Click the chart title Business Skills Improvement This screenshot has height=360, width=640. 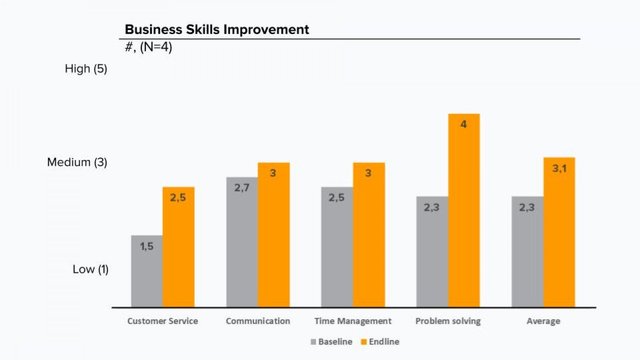tap(217, 30)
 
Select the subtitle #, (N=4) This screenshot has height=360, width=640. tap(148, 47)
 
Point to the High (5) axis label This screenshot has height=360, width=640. tap(86, 69)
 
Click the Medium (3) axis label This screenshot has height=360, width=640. tap(77, 162)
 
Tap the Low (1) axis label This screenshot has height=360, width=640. tap(90, 269)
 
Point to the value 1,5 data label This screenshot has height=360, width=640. tap(147, 246)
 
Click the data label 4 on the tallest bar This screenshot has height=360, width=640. tap(464, 124)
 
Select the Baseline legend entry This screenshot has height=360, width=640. tap(332, 342)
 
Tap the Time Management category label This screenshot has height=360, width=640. tap(353, 321)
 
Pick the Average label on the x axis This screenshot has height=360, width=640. tap(543, 321)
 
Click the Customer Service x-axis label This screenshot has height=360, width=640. tap(162, 321)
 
